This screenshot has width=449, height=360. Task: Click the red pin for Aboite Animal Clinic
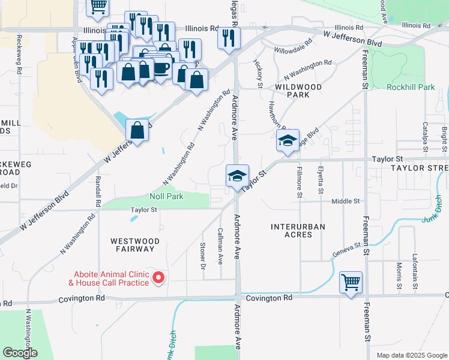159,277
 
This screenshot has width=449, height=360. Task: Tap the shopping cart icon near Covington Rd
351,281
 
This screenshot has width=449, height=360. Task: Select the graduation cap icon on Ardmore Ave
238,176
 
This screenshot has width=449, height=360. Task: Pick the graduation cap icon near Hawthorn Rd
288,142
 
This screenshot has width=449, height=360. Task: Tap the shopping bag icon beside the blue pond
137,130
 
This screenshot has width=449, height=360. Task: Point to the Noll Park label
166,196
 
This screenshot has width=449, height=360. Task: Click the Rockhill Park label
411,87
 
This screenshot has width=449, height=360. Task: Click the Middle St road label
345,202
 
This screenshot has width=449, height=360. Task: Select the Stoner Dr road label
203,256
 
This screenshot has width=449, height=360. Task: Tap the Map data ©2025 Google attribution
411,355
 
